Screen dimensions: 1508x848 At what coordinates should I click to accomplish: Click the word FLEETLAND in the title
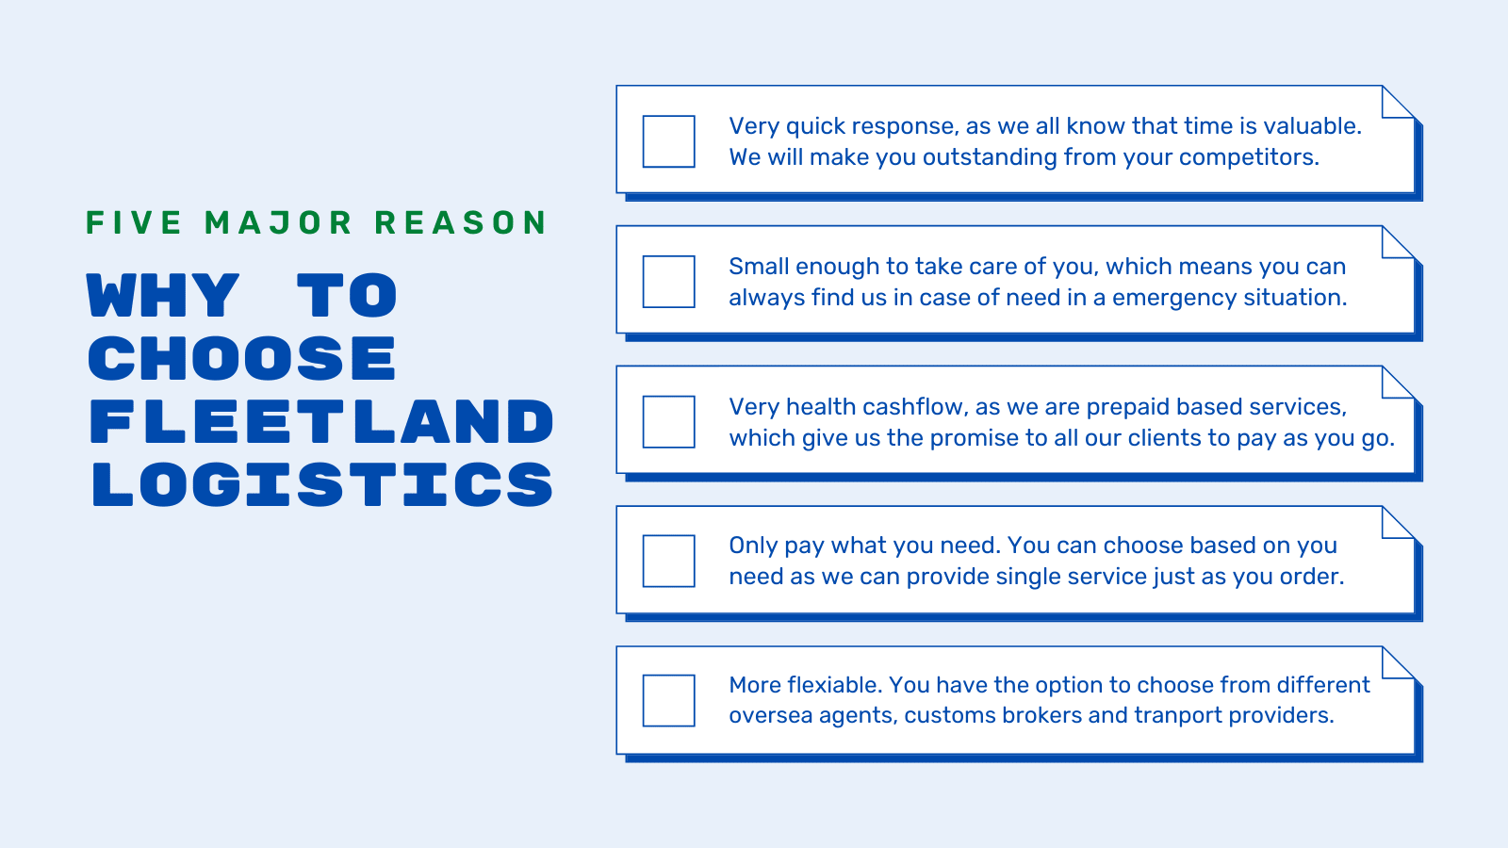pos(321,421)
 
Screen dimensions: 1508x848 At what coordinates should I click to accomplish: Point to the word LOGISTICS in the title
pos(322,484)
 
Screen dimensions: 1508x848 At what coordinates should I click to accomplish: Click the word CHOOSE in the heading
pos(241,358)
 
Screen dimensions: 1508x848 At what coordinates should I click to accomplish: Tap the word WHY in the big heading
pos(163,295)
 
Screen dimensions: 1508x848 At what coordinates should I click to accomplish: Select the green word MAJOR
pos(278,222)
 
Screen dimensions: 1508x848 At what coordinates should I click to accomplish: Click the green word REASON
pos(461,222)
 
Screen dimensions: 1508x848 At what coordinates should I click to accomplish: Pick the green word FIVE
pos(133,222)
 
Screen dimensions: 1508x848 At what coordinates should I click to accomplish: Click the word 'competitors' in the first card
pos(1249,157)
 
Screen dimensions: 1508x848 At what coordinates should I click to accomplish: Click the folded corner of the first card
pos(1398,102)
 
